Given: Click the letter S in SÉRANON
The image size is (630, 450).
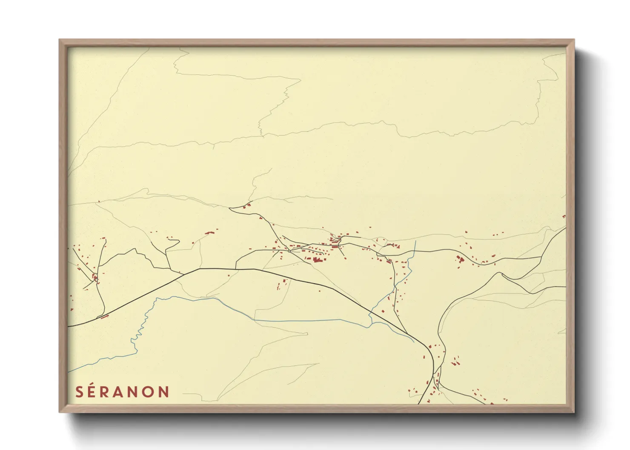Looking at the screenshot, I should tap(79, 392).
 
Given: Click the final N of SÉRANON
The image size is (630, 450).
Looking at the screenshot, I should tap(164, 392).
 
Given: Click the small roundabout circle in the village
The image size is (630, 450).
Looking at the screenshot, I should tap(289, 251).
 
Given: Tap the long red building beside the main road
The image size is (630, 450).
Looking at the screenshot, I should tap(103, 316).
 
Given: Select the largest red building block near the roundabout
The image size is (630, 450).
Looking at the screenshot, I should tap(316, 259).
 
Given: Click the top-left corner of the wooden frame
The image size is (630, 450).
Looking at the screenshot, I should tap(60, 40).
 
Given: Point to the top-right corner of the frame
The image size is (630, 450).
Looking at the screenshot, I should tap(574, 40).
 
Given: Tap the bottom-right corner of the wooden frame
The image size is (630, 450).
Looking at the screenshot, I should tap(574, 412).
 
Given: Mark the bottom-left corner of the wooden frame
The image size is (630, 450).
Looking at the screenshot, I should tap(60, 412).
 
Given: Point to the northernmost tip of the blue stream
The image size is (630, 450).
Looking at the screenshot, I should tap(415, 241).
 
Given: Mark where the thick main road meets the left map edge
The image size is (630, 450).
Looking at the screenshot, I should tap(69, 326).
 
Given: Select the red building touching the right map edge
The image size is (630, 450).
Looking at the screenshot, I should tap(564, 216).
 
